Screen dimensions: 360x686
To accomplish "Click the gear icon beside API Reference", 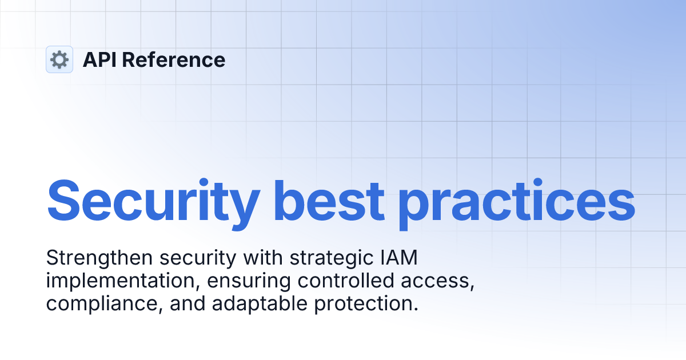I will [x=59, y=59].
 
